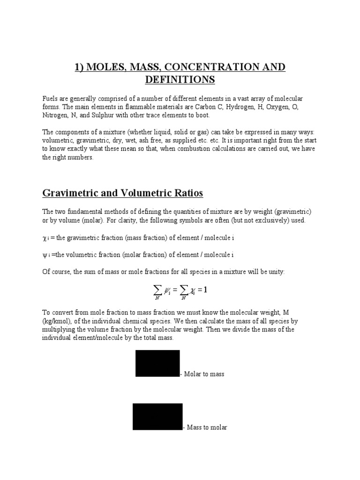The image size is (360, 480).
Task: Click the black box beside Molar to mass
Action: (157, 363)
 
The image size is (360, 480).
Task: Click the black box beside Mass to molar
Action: (157, 416)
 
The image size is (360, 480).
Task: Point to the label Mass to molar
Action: (207, 427)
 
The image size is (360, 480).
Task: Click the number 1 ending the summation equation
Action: (204, 290)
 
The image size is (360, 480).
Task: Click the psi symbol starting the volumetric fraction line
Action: (45, 255)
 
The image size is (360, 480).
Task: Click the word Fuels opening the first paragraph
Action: (50, 99)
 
